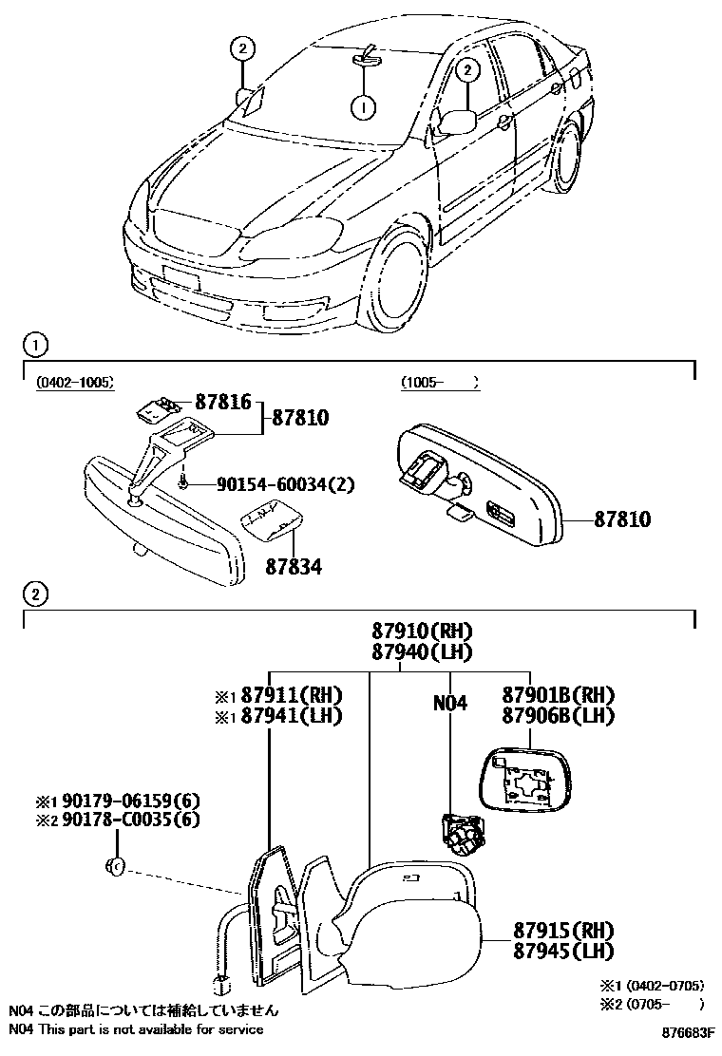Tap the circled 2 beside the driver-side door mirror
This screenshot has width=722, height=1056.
465,69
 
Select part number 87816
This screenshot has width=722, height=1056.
224,403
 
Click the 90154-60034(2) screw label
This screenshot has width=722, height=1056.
271,484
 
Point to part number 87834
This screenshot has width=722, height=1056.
293,567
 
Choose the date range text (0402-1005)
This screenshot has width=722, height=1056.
75,382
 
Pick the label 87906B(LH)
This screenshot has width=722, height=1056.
559,715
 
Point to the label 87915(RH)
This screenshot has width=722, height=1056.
559,930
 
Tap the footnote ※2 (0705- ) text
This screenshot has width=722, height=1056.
652,1003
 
